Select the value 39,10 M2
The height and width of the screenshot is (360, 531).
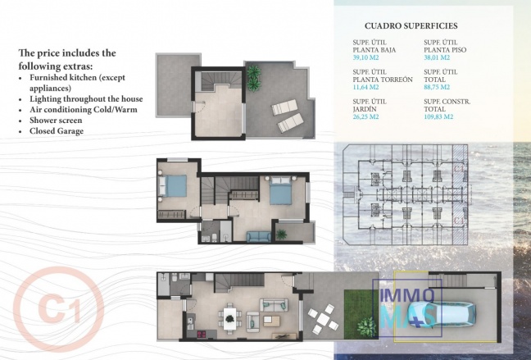click(365, 58)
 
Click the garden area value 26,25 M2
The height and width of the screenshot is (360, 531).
click(365, 116)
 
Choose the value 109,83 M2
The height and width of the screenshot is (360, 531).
click(441, 116)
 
